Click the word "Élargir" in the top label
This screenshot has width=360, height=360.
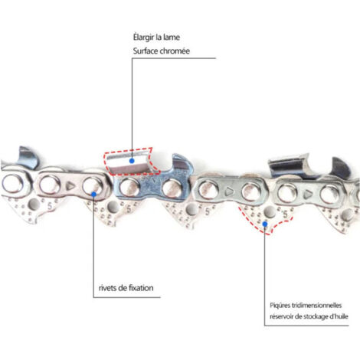(x=143, y=38)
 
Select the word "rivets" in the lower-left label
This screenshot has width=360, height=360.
(x=107, y=288)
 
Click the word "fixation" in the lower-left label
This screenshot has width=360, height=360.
(x=141, y=288)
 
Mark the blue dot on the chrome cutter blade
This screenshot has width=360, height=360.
(x=132, y=161)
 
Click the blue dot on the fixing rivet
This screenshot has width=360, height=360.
(x=93, y=195)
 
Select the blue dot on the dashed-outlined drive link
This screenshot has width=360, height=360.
(x=265, y=224)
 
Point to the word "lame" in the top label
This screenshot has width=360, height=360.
(x=171, y=38)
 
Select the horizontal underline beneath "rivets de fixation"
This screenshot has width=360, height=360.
(x=126, y=297)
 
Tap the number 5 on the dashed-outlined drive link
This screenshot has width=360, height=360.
(x=285, y=214)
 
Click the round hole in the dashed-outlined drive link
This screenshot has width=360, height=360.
(x=270, y=211)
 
